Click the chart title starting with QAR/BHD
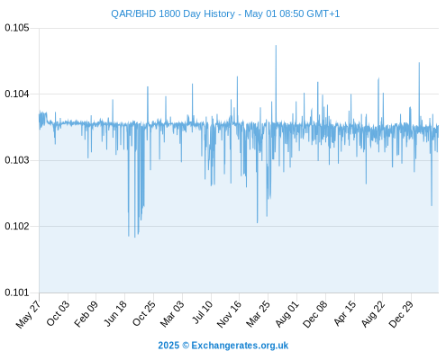[x=225, y=13]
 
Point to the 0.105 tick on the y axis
[x=17, y=28]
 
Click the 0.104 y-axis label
[x=17, y=94]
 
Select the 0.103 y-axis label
[x=17, y=160]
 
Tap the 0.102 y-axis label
[x=17, y=226]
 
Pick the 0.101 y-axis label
[x=17, y=292]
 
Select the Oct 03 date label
[x=58, y=313]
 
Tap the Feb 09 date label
[x=86, y=314]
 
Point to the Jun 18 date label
[x=115, y=313]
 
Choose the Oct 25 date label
[x=144, y=313]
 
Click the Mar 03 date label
[x=172, y=314]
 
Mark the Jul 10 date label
[x=203, y=312]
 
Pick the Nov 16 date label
[x=229, y=314]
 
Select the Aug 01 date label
[x=287, y=314]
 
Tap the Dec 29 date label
[x=401, y=314]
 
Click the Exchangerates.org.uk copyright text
[x=223, y=346]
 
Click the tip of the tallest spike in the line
[x=276, y=46]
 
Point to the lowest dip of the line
[x=135, y=238]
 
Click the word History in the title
[x=219, y=13]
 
